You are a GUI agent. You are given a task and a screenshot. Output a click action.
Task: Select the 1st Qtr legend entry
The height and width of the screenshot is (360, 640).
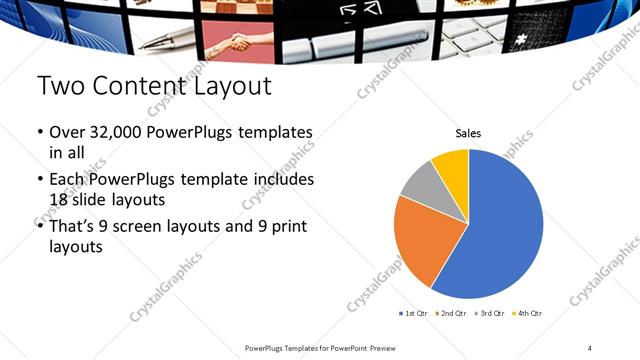(415, 314)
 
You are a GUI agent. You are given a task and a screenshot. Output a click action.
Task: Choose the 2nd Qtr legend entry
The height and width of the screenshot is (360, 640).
(452, 314)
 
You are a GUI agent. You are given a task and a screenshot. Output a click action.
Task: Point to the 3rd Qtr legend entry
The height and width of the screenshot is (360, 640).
(489, 314)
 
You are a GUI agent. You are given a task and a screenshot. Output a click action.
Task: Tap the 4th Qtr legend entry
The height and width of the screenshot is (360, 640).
(526, 314)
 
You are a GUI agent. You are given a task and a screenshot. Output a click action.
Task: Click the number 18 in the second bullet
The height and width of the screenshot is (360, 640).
(62, 199)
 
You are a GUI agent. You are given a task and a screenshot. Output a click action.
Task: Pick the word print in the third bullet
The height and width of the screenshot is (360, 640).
(276, 227)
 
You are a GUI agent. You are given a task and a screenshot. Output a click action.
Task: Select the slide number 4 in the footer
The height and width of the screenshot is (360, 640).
(590, 347)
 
